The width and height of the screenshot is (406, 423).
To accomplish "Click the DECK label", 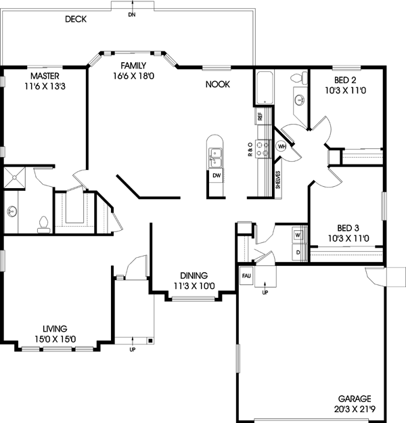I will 76,19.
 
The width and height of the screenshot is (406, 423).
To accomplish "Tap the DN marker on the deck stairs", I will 131,14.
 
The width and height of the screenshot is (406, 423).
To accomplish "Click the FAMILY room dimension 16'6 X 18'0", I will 134,76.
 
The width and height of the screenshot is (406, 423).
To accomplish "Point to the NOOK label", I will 219,85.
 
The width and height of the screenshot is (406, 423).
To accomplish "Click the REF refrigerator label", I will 260,116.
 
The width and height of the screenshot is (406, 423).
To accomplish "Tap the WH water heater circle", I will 282,146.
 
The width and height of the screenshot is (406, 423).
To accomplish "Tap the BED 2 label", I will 346,68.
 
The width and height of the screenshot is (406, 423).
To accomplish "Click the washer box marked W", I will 296,235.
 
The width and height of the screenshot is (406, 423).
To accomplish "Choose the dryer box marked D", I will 296,252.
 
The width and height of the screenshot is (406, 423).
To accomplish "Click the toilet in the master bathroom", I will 43,221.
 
